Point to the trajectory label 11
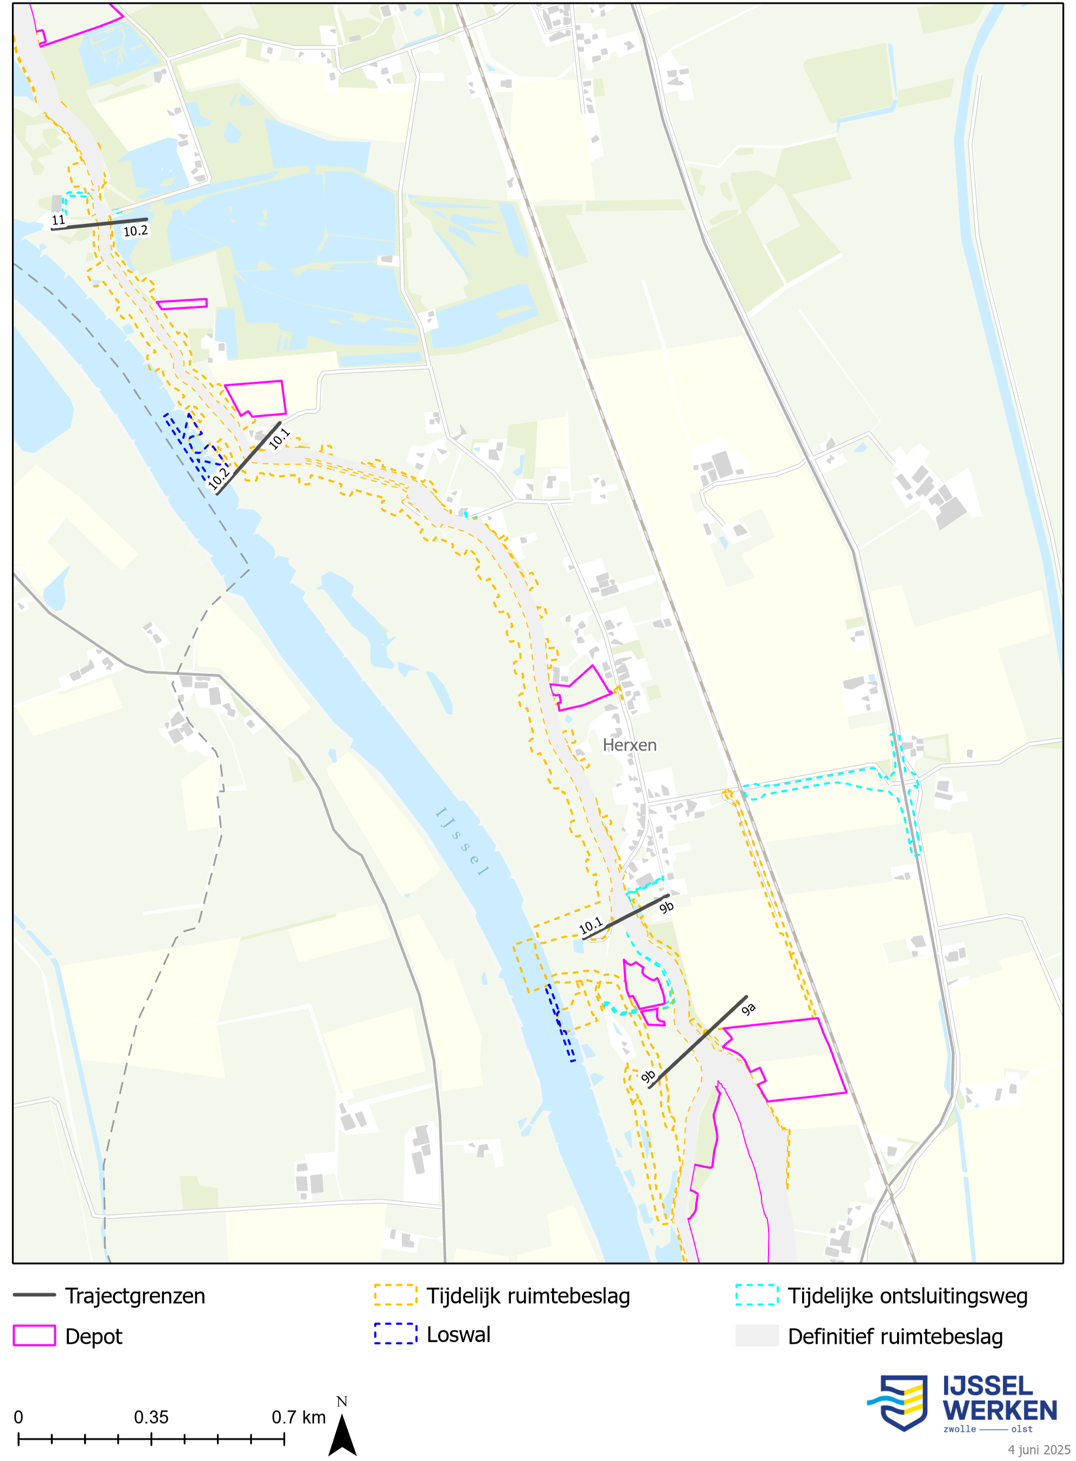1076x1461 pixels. click(x=59, y=220)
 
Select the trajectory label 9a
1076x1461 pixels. click(x=748, y=1009)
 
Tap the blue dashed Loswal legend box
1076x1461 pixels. click(x=395, y=1334)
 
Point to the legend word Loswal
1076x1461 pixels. click(x=458, y=1335)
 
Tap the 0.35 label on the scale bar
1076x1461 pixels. click(x=151, y=1418)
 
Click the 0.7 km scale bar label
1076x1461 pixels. click(x=298, y=1418)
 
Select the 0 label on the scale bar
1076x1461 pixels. click(x=18, y=1418)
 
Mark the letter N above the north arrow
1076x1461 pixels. click(x=342, y=1402)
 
